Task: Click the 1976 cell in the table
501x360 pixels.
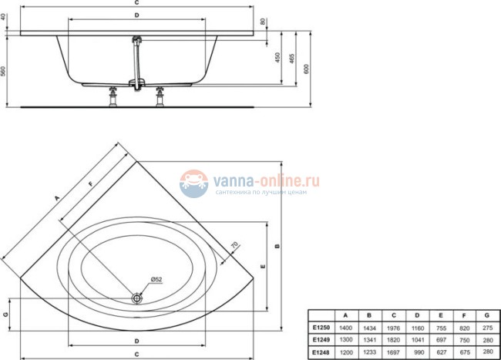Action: tap(394, 327)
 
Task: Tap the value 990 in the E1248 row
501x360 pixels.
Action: tap(417, 352)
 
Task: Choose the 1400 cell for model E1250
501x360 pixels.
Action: tap(346, 327)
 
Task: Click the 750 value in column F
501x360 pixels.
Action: tap(462, 339)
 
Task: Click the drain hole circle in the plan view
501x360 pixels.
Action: tap(137, 297)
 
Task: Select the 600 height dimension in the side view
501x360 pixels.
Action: tap(308, 68)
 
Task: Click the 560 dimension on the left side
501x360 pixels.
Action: tap(5, 70)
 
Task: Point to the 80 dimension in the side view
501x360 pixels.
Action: tap(264, 21)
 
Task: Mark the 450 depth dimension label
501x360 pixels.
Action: tap(277, 59)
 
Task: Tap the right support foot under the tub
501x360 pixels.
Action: tap(161, 96)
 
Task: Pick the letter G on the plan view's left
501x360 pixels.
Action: tap(5, 315)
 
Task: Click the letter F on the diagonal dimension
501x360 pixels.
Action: tap(91, 183)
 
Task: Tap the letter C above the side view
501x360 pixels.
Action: tap(136, 3)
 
